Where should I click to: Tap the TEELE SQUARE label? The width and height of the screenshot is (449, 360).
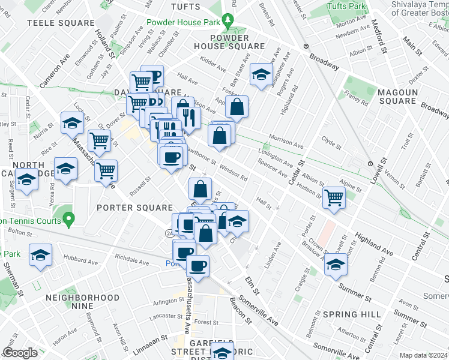click(x=61, y=23)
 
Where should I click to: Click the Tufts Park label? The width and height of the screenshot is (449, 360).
click(x=346, y=6)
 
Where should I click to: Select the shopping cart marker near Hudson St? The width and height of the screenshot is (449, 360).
click(x=334, y=197)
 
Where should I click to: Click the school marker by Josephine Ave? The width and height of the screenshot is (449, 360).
click(x=261, y=74)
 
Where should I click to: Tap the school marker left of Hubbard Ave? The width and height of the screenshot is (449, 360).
click(x=41, y=256)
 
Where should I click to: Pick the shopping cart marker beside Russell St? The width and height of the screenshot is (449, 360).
click(x=106, y=170)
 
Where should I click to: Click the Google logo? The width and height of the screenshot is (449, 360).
click(x=20, y=353)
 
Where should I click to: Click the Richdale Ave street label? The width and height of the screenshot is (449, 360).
click(x=131, y=260)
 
